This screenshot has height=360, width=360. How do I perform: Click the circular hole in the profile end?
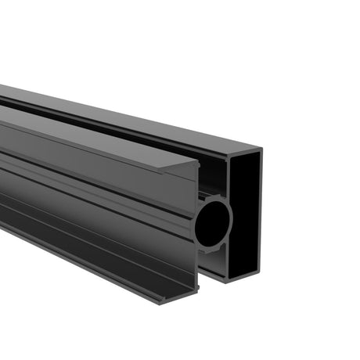pyautogui.click(x=213, y=223)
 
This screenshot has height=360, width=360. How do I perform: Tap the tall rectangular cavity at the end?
pyautogui.click(x=243, y=211)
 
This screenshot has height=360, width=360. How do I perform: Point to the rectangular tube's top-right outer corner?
pyautogui.click(x=261, y=149)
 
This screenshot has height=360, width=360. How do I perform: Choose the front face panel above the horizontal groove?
pyautogui.click(x=94, y=168)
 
